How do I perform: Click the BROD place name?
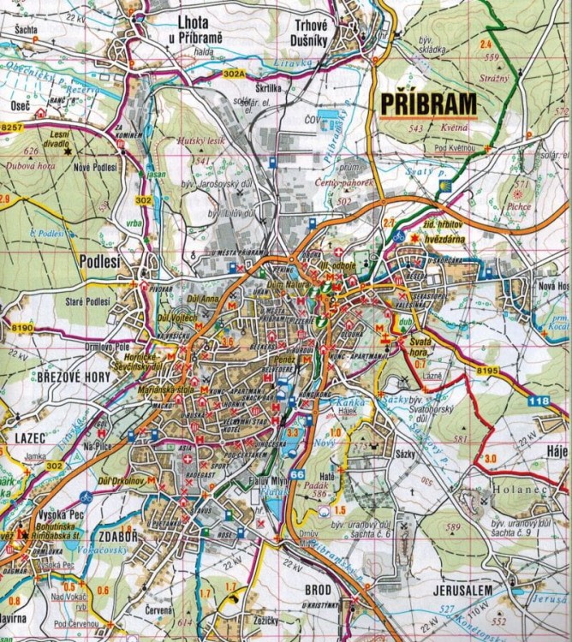click(318, 590)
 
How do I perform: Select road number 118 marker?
click(539, 400)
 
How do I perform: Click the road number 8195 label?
click(486, 370)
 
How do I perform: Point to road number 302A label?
click(235, 74)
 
